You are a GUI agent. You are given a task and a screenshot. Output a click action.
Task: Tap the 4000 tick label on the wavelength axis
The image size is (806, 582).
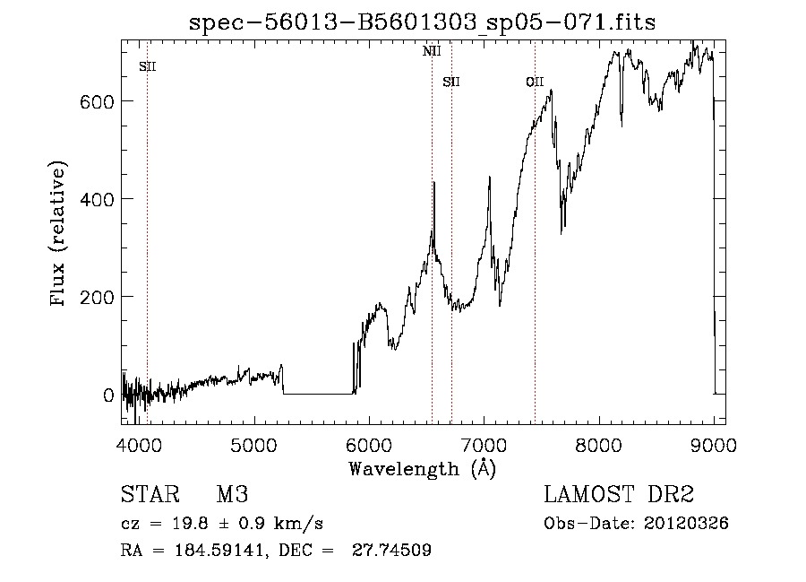pyautogui.click(x=139, y=443)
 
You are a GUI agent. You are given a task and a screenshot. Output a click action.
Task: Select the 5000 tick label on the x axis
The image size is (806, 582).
pyautogui.click(x=254, y=443)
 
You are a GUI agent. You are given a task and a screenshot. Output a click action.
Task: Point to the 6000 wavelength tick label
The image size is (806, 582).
pyautogui.click(x=369, y=443)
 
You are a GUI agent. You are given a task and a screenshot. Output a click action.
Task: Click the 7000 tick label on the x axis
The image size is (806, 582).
pyautogui.click(x=484, y=443)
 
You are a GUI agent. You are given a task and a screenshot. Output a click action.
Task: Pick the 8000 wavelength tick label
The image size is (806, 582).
pyautogui.click(x=598, y=443)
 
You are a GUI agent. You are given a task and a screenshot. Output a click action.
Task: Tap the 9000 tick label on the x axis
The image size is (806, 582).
pyautogui.click(x=713, y=443)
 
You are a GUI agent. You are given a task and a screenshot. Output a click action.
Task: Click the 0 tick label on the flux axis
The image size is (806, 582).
pyautogui.click(x=107, y=395)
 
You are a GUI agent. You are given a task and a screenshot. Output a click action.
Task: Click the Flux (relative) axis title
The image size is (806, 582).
pyautogui.click(x=60, y=235)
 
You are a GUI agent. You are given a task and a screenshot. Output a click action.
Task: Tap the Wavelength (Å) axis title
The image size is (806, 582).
pyautogui.click(x=422, y=468)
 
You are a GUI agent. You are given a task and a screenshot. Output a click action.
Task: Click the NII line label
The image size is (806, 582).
pyautogui.click(x=432, y=51)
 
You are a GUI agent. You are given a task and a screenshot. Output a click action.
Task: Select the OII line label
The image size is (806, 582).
pyautogui.click(x=535, y=83)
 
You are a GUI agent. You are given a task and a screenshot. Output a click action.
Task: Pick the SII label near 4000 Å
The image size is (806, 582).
pyautogui.click(x=148, y=66)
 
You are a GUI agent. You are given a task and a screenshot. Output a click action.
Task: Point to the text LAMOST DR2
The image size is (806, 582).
pyautogui.click(x=618, y=495)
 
